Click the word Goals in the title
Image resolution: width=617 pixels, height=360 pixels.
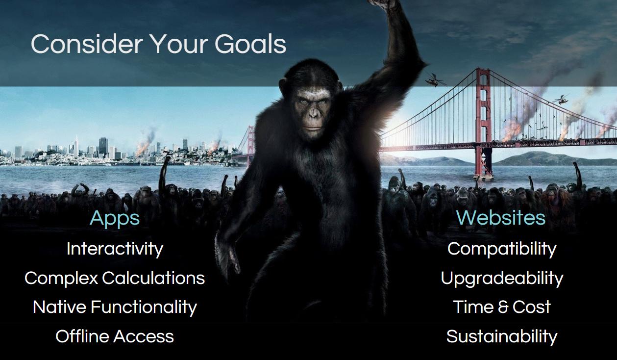point(250,44)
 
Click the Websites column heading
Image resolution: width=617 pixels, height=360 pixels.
point(501,218)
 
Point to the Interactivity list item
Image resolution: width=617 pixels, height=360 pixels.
point(115,249)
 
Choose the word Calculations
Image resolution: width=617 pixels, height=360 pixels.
point(153,278)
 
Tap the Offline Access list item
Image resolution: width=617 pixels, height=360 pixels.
point(115,336)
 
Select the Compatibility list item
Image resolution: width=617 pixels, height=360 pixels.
point(502,249)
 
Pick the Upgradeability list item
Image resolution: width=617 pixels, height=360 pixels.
point(502,279)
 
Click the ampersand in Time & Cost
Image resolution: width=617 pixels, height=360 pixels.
point(503,307)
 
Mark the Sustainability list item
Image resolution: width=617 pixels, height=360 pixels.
point(502,337)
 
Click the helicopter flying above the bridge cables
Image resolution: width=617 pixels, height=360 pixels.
point(560,99)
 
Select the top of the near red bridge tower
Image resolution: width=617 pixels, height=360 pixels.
point(483,69)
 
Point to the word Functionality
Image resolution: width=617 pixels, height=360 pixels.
point(144,308)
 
